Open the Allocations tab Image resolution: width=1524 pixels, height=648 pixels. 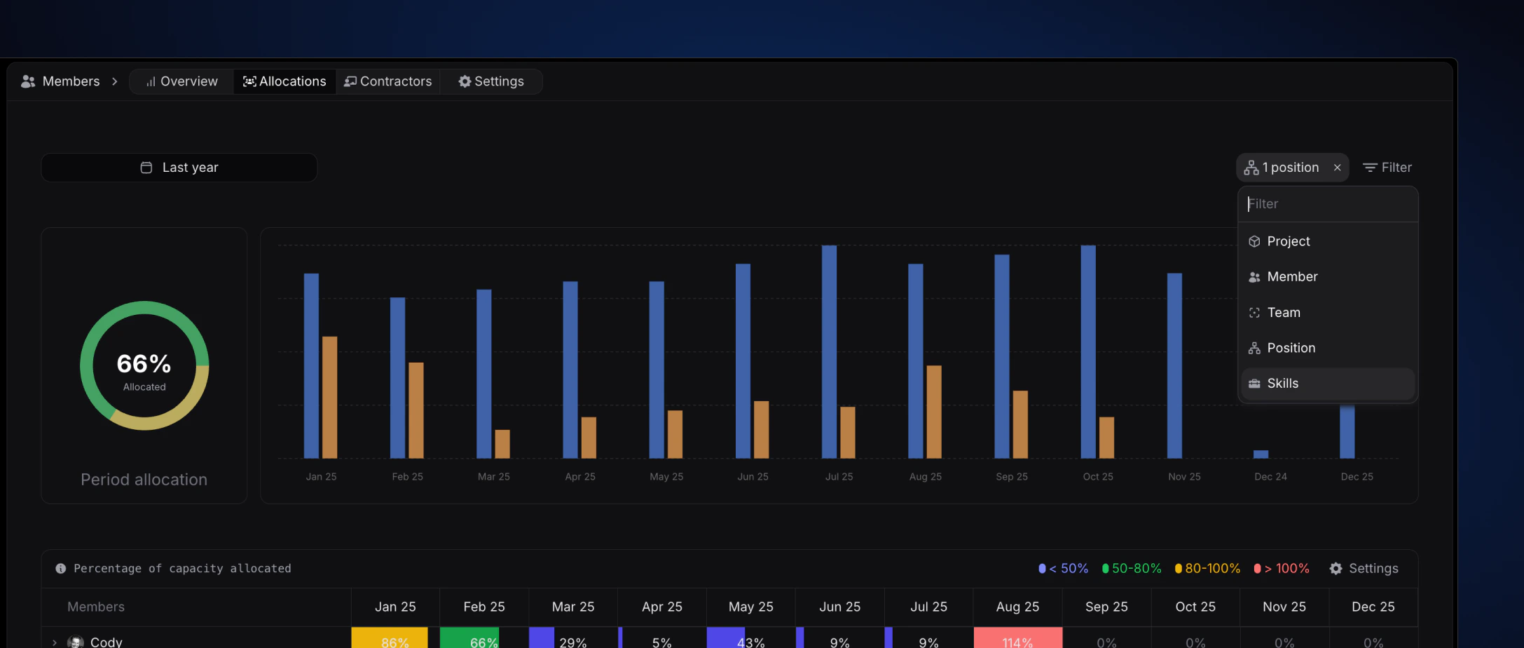(284, 81)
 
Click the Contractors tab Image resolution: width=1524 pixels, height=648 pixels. (388, 81)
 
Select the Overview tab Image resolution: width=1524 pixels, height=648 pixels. (182, 81)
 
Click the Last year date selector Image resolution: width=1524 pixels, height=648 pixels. (179, 168)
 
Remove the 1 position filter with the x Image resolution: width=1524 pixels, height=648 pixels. (1337, 168)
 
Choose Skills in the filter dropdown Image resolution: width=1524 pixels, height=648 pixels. (1282, 384)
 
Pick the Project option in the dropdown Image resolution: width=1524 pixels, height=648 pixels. (1288, 241)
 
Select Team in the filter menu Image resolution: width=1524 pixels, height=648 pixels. (1283, 313)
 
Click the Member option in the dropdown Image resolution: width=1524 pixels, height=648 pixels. (1292, 277)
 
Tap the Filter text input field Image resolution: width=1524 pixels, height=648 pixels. (1328, 204)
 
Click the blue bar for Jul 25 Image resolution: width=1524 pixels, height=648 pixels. (829, 351)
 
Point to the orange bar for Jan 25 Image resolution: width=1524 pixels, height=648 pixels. (329, 397)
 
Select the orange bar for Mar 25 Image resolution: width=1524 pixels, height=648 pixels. (502, 443)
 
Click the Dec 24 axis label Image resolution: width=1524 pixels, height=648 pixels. (1270, 477)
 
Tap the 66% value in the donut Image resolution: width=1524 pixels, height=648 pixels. (144, 364)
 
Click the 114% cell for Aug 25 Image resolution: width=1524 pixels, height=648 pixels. (1017, 640)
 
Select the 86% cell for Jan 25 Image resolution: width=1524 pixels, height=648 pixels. (395, 640)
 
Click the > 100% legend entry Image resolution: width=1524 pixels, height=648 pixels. (1282, 569)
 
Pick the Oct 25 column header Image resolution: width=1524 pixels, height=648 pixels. (1195, 607)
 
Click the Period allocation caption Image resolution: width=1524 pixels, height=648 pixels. (144, 480)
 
